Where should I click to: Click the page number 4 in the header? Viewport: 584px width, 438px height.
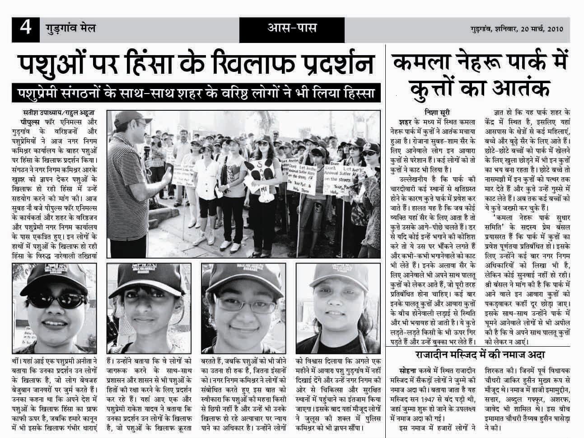[24, 28]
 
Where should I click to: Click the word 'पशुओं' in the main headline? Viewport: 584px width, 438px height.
[53, 64]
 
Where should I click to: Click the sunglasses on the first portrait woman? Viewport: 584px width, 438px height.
[46, 300]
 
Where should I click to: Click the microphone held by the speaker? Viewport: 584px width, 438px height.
[147, 152]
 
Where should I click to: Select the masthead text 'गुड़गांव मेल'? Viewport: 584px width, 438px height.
[70, 28]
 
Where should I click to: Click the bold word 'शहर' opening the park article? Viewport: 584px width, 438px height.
[407, 122]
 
